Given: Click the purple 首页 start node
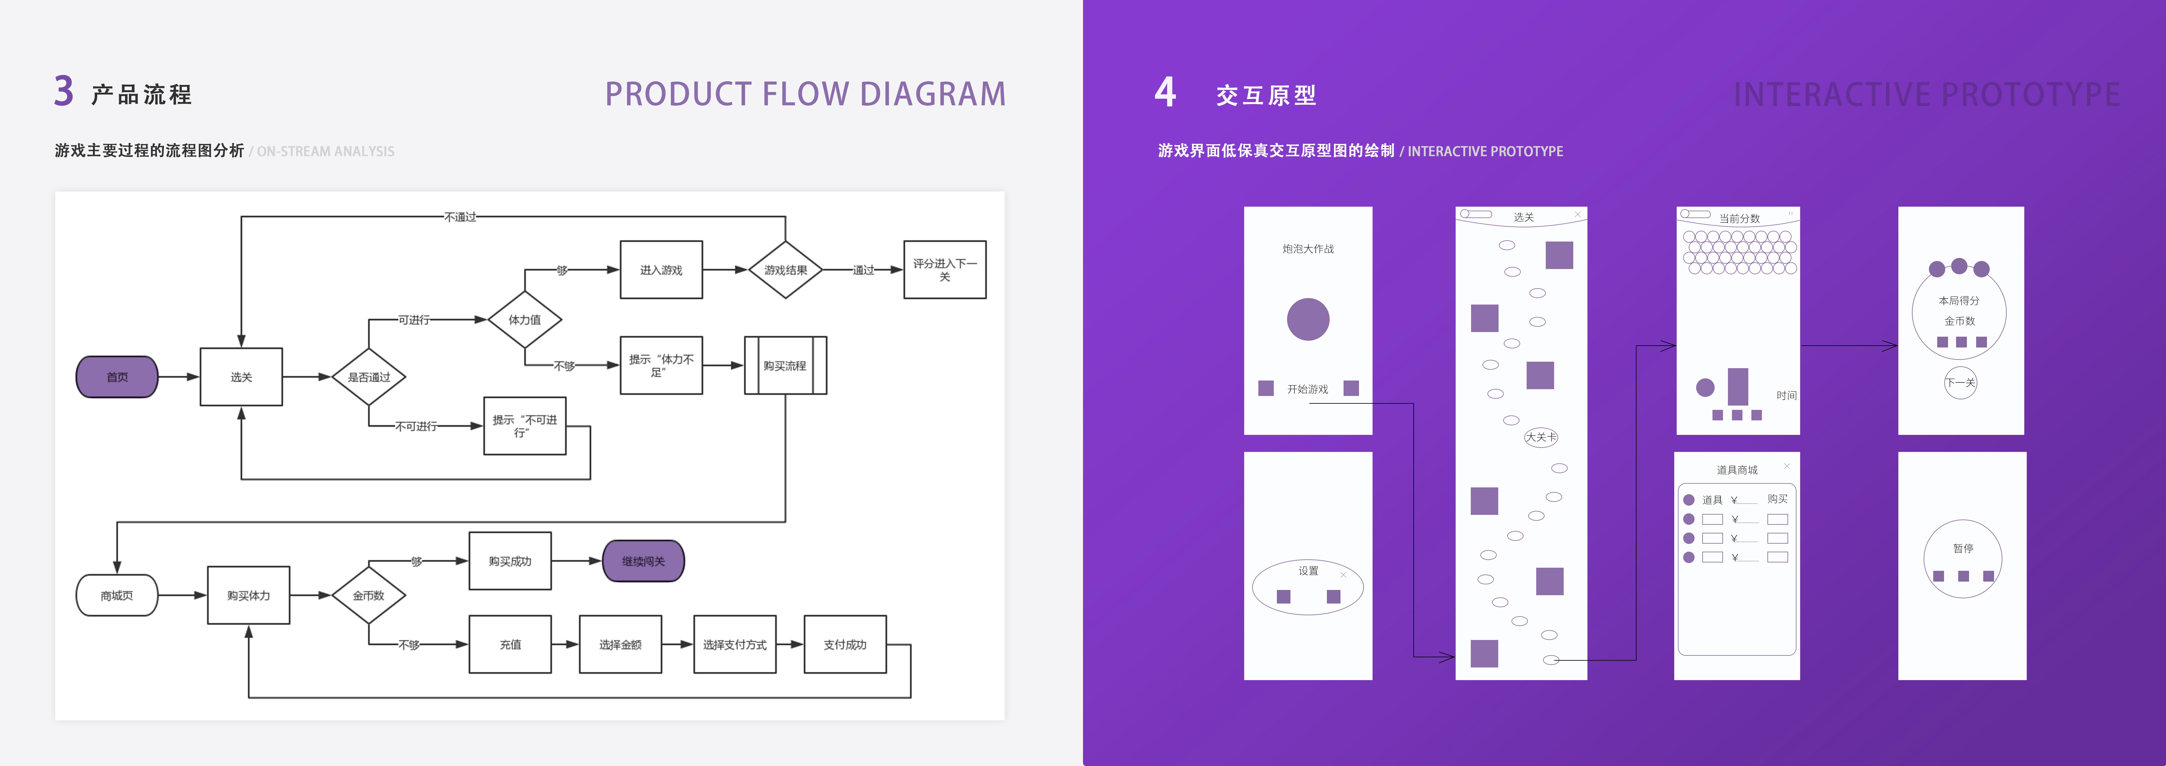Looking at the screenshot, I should [117, 377].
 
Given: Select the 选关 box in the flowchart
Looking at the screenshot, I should [241, 377].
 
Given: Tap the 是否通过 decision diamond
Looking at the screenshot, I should [369, 377].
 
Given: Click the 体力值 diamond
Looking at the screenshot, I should [525, 319].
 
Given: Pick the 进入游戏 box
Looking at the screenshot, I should [661, 270].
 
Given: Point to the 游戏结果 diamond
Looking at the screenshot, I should [785, 270].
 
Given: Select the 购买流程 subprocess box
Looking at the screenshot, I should [785, 366].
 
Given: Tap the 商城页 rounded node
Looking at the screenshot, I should [117, 595].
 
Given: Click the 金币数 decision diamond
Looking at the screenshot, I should [369, 595].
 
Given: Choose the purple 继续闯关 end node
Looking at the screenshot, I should [643, 561].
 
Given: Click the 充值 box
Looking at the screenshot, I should [510, 644].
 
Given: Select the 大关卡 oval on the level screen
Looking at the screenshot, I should [1541, 437].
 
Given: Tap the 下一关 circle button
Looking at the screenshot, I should [1960, 383].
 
